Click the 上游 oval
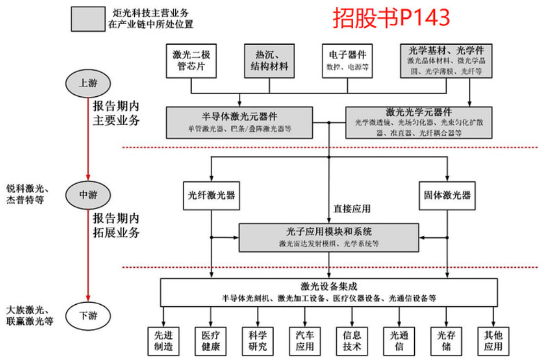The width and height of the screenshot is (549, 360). coord(88,83)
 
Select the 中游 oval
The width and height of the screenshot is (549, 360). coord(88,195)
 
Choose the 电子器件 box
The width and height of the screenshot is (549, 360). coord(348,61)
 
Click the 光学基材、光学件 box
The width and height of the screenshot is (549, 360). coord(445,61)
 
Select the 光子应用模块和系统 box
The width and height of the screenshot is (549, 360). coord(329,237)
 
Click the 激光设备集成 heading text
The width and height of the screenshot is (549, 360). coord(329,286)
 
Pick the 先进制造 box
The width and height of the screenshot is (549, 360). coord(163,341)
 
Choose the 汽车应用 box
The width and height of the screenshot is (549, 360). coord(305,341)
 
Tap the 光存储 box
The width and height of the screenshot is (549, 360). coord(446,341)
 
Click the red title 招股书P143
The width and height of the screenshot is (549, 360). coord(391,18)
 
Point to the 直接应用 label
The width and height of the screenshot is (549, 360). coord(352,208)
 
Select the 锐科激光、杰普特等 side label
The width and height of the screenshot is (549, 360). coord(28,194)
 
